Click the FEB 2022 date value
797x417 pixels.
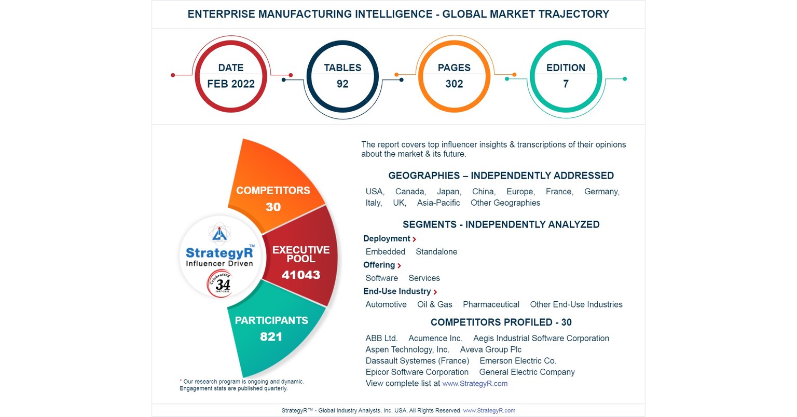click(231, 84)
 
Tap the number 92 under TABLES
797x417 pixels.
click(342, 84)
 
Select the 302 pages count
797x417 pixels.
click(454, 84)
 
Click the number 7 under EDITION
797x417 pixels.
click(566, 84)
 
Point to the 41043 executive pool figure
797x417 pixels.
click(301, 275)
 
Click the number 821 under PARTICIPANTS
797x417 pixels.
click(271, 337)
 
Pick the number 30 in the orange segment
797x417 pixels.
click(273, 207)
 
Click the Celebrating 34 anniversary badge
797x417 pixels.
click(220, 284)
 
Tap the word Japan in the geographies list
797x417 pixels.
click(449, 192)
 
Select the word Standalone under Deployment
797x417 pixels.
click(436, 252)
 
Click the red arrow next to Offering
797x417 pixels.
click(399, 265)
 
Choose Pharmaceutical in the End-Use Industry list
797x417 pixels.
click(491, 305)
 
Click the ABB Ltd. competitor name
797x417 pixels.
click(381, 339)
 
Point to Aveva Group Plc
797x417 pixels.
click(490, 350)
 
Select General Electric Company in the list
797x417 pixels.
click(527, 372)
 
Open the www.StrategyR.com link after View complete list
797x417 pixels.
click(475, 384)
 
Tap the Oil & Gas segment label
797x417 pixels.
click(434, 305)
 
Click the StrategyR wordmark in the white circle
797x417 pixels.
click(219, 253)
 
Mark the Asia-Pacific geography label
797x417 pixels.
click(438, 203)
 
